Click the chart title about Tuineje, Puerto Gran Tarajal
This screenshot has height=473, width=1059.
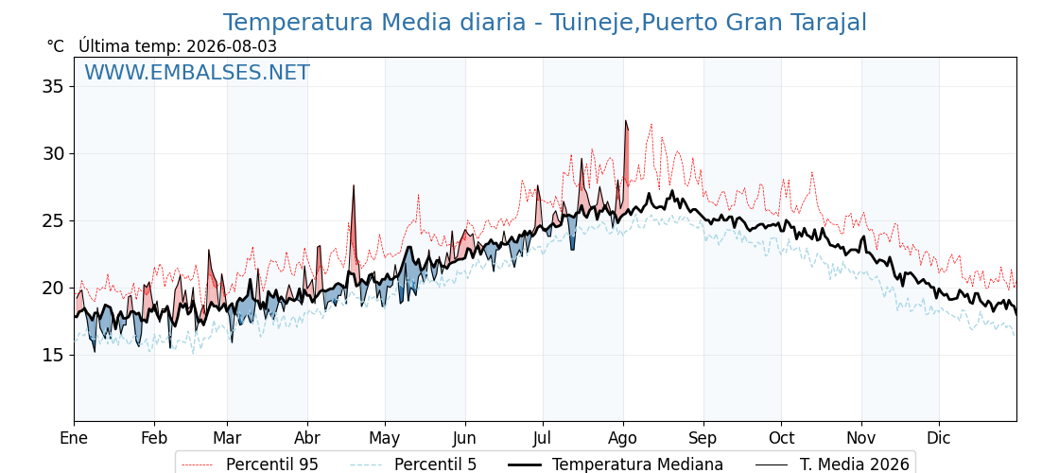pyautogui.click(x=545, y=23)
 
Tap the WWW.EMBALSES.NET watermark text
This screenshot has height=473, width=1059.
pyautogui.click(x=198, y=72)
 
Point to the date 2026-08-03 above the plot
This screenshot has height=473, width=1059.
pyautogui.click(x=232, y=46)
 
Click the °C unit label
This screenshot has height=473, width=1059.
pyautogui.click(x=56, y=46)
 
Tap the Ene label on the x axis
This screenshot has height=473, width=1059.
pyautogui.click(x=74, y=439)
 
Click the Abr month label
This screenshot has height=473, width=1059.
pyautogui.click(x=307, y=439)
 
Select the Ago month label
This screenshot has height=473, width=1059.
pyautogui.click(x=623, y=439)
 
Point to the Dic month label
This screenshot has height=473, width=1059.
pyautogui.click(x=938, y=439)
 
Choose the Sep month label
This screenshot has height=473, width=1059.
pyautogui.click(x=703, y=439)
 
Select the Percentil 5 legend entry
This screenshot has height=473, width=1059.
pyautogui.click(x=414, y=464)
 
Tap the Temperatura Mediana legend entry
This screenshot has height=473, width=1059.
pyautogui.click(x=615, y=464)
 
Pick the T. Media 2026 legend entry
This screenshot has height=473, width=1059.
pyautogui.click(x=833, y=464)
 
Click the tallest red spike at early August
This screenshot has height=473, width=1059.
pyautogui.click(x=625, y=122)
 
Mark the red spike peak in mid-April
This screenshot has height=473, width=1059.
pyautogui.click(x=354, y=185)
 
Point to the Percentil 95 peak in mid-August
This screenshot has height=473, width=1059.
pyautogui.click(x=651, y=125)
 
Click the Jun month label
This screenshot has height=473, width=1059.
pyautogui.click(x=464, y=439)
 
